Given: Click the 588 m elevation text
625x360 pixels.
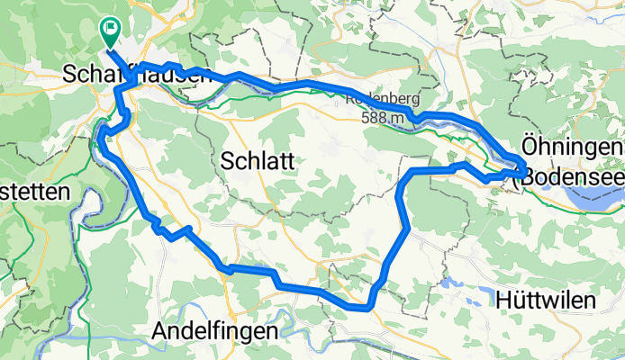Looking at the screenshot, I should click(x=386, y=117).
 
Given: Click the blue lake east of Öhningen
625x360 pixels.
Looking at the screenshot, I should click(x=604, y=202).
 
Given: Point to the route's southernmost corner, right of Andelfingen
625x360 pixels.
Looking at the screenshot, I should click(x=367, y=307).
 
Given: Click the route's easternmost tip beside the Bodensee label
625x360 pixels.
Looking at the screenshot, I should click(x=525, y=168).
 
